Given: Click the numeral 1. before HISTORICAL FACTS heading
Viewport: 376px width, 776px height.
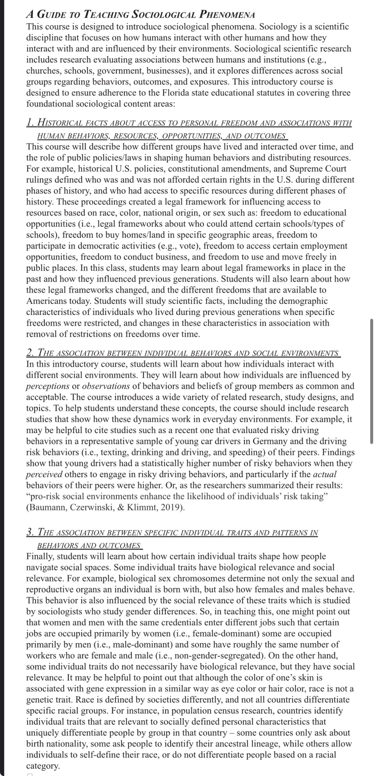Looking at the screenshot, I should tap(31, 123).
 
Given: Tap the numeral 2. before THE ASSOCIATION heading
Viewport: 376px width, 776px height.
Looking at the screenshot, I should tap(31, 353).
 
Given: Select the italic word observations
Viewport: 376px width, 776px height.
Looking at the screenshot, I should tap(106, 386).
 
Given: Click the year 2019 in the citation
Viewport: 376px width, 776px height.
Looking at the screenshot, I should tap(171, 508).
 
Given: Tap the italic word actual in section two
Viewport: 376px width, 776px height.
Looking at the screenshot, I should tap(324, 474).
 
